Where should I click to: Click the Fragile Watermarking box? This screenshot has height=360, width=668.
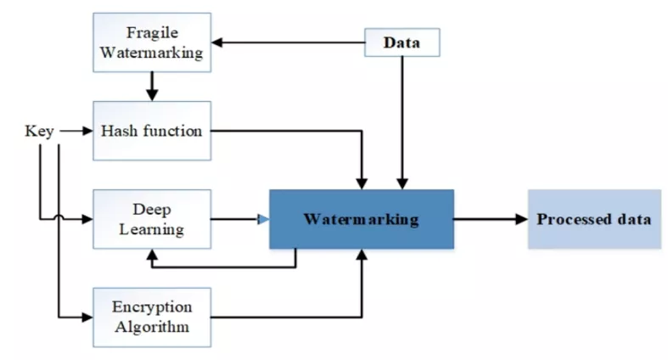tap(152, 43)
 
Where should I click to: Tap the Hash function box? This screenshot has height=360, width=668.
tap(152, 131)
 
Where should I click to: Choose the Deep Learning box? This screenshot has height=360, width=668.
tap(152, 218)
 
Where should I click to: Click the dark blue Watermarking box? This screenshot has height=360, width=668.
tap(362, 219)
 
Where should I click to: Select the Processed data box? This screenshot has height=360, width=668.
tap(593, 219)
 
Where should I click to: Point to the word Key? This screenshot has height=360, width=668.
tap(40, 132)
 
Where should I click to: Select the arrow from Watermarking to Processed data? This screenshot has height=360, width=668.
tap(490, 219)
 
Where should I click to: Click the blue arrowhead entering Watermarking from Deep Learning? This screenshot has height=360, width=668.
tap(263, 219)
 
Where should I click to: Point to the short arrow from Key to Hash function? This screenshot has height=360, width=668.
tap(76, 132)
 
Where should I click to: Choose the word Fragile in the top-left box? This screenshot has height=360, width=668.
tap(152, 34)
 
